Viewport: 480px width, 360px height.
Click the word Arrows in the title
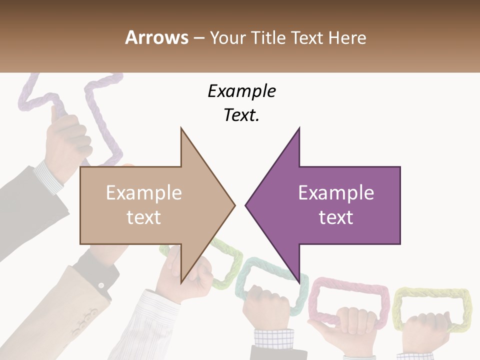(x=157, y=37)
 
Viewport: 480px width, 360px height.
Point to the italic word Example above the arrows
(x=241, y=91)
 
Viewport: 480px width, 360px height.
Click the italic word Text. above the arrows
(x=241, y=115)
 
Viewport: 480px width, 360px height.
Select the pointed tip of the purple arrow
(x=246, y=204)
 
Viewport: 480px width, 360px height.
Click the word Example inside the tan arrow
(x=143, y=192)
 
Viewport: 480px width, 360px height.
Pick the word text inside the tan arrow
(x=143, y=217)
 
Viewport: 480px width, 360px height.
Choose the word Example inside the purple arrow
(x=336, y=192)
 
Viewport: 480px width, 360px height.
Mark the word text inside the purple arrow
(x=336, y=217)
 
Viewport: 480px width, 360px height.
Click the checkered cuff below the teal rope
(x=272, y=340)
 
